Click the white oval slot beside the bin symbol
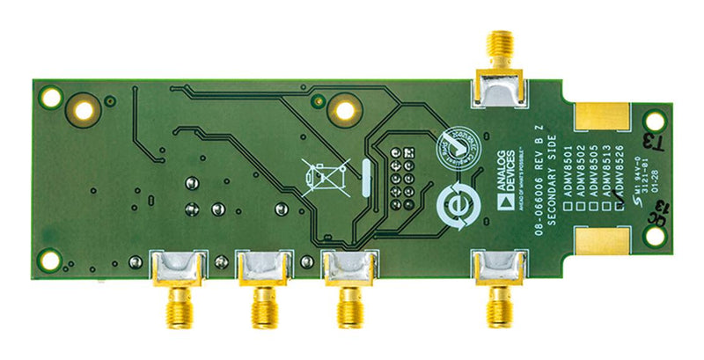pyautogui.click(x=364, y=177)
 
